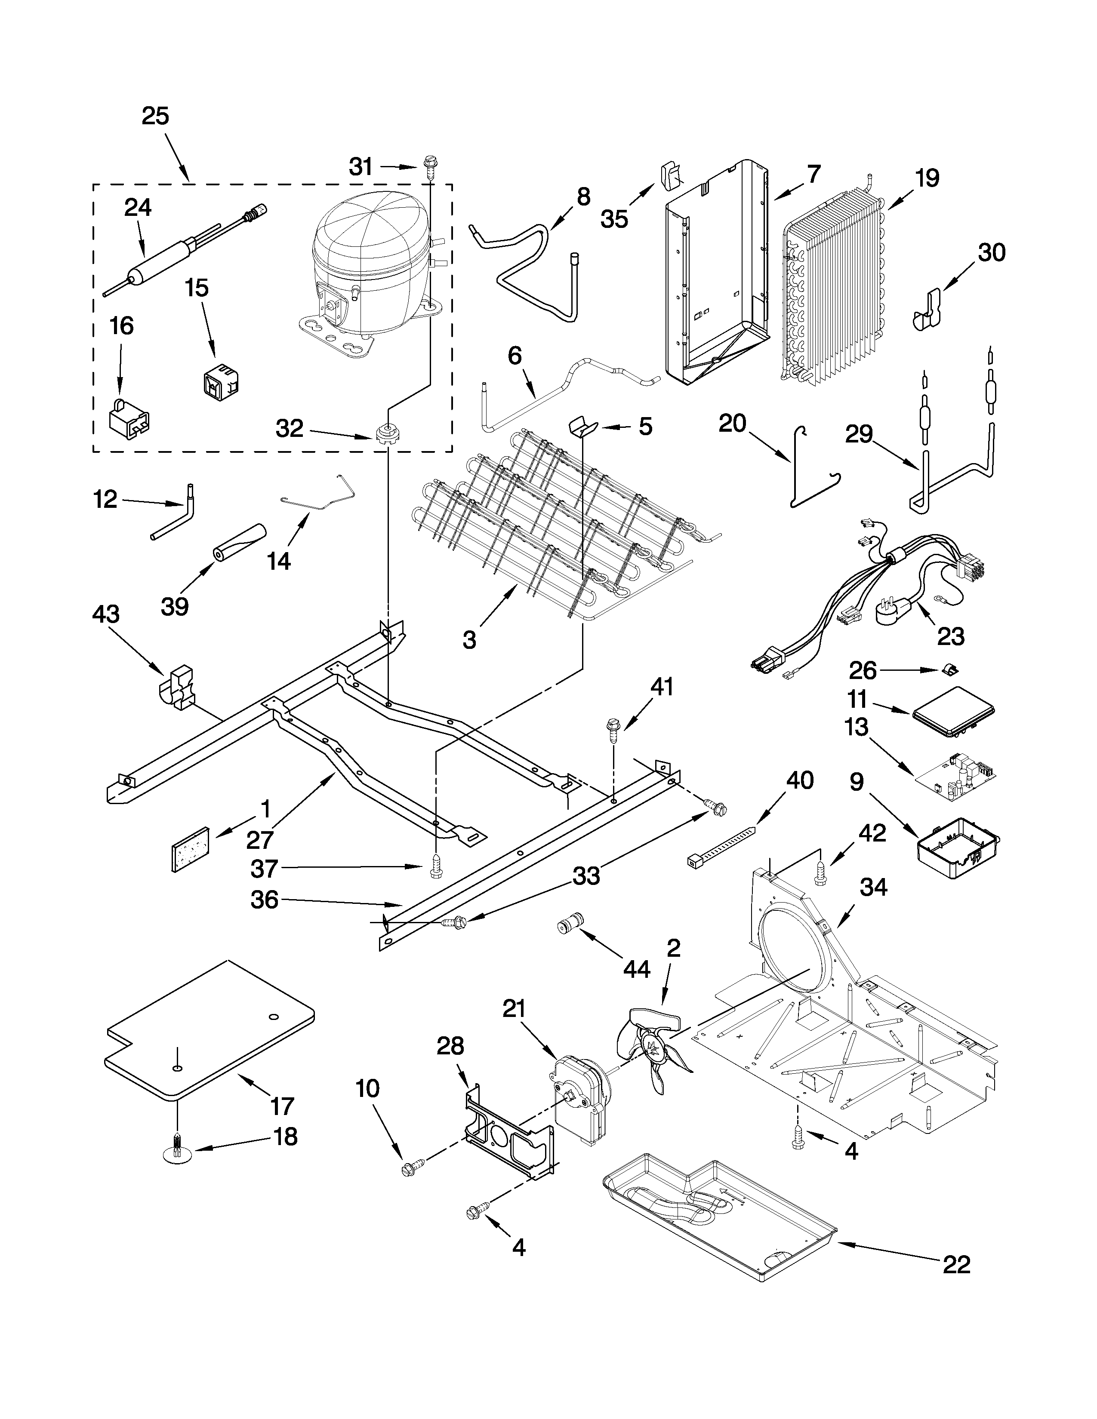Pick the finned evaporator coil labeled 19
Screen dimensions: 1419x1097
(835, 286)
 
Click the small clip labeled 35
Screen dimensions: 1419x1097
(671, 175)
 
